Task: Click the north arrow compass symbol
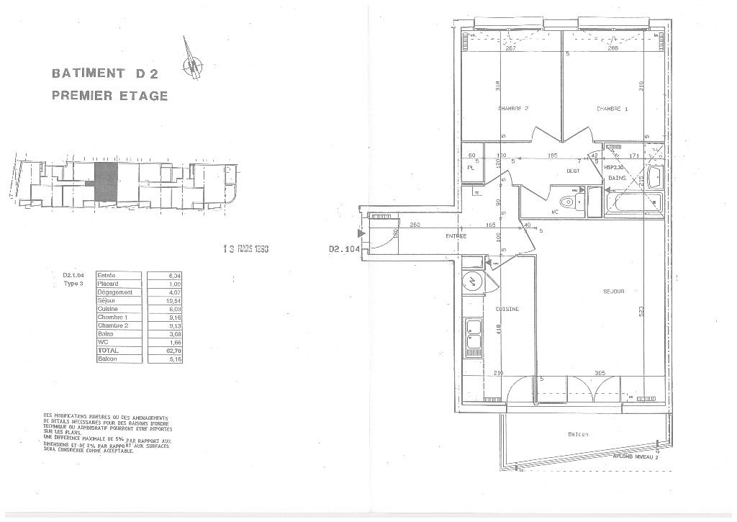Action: (x=192, y=66)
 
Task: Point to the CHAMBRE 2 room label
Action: (x=513, y=109)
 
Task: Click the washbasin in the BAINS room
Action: (x=654, y=177)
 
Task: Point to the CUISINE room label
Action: (x=507, y=309)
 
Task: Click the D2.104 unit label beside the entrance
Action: (x=343, y=249)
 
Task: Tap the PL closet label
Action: (x=470, y=167)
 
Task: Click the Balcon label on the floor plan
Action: (x=578, y=434)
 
